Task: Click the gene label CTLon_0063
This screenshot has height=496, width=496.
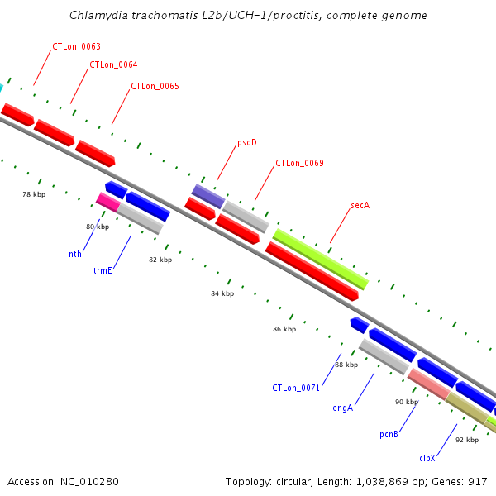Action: pyautogui.click(x=76, y=47)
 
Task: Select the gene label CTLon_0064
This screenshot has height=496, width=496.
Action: pyautogui.click(x=113, y=64)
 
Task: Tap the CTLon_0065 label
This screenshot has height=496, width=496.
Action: pyautogui.click(x=155, y=86)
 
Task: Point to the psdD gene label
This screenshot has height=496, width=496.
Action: pyautogui.click(x=247, y=142)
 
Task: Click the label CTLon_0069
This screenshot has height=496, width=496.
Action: pyautogui.click(x=299, y=164)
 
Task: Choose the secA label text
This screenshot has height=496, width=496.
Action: pyautogui.click(x=360, y=204)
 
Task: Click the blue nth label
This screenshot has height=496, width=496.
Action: pyautogui.click(x=75, y=254)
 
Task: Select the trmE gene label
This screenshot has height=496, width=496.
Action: pyautogui.click(x=103, y=270)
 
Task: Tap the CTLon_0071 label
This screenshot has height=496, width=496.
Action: pyautogui.click(x=296, y=388)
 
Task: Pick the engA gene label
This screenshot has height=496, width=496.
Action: pyautogui.click(x=343, y=408)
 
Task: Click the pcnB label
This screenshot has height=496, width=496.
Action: pyautogui.click(x=389, y=433)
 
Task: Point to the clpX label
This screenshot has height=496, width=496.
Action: pyautogui.click(x=427, y=457)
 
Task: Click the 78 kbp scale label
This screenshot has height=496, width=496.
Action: pyautogui.click(x=34, y=194)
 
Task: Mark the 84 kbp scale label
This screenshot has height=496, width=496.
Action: pyautogui.click(x=222, y=293)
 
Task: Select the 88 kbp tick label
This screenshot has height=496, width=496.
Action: pyautogui.click(x=346, y=365)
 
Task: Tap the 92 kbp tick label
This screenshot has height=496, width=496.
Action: pyautogui.click(x=467, y=440)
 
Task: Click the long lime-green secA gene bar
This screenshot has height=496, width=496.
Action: pyautogui.click(x=320, y=259)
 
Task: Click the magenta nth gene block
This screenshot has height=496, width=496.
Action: pyautogui.click(x=107, y=201)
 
